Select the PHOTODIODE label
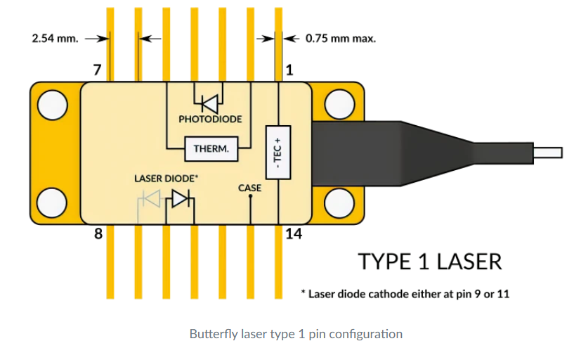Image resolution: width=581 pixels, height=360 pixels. click(x=210, y=120)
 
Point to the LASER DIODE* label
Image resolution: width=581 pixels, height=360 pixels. click(x=166, y=179)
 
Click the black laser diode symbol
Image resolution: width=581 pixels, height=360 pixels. click(x=181, y=199)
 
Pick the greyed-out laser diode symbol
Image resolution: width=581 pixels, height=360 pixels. click(x=150, y=199)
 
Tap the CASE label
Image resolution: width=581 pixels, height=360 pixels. click(x=250, y=188)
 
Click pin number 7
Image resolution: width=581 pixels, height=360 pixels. click(x=98, y=70)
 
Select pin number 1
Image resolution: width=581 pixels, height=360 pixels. click(x=288, y=70)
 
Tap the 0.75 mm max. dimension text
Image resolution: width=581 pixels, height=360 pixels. click(x=341, y=38)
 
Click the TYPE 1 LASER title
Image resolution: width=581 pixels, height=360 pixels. click(x=430, y=262)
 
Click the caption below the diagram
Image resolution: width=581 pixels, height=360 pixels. click(x=296, y=334)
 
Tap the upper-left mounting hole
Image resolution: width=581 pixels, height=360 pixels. click(x=51, y=105)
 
